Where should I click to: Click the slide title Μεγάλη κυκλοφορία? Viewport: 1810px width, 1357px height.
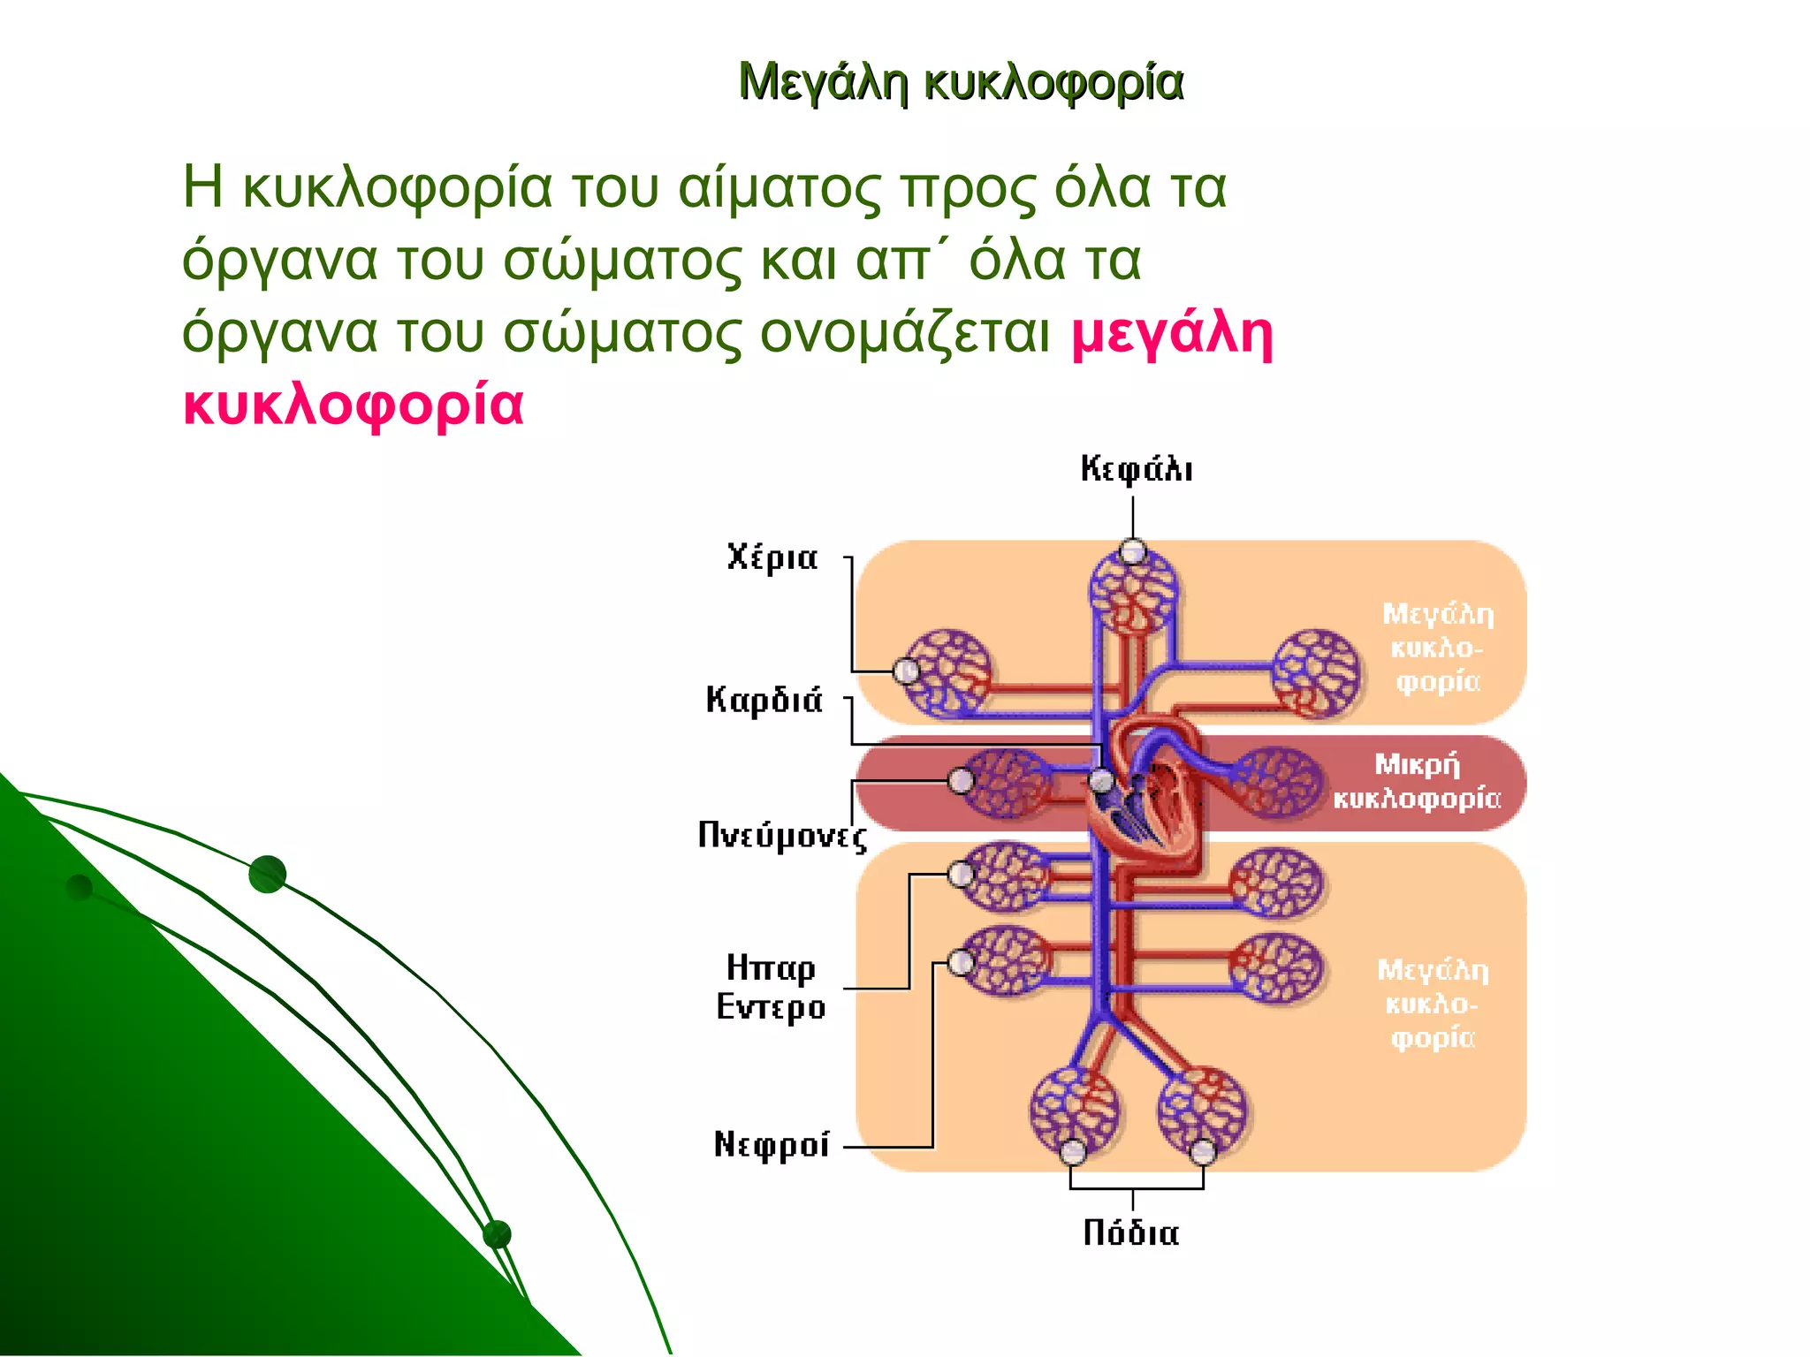click(960, 82)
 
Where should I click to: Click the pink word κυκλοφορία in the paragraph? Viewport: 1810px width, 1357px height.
click(354, 405)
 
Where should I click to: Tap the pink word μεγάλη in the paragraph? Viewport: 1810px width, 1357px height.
click(1172, 333)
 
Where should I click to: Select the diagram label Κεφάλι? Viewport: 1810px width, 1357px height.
click(1137, 468)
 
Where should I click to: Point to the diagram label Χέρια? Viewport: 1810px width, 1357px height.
click(772, 557)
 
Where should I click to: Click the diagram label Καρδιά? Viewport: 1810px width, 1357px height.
click(764, 699)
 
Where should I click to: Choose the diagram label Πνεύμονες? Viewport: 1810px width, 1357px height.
click(782, 835)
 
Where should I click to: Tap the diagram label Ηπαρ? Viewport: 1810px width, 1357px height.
click(771, 967)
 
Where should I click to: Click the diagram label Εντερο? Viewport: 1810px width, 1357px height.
click(771, 1006)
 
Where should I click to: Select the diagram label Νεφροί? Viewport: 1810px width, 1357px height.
click(772, 1144)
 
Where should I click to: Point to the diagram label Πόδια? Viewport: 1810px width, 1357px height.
click(1131, 1232)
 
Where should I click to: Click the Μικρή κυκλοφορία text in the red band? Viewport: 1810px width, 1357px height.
click(1417, 781)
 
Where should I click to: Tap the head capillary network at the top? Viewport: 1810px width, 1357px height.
click(1133, 592)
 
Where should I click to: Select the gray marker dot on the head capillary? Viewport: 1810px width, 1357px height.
click(1133, 552)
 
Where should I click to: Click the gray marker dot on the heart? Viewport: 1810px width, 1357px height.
click(1101, 780)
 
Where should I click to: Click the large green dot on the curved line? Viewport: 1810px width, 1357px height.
click(267, 874)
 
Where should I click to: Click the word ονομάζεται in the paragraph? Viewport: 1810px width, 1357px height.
click(905, 333)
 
